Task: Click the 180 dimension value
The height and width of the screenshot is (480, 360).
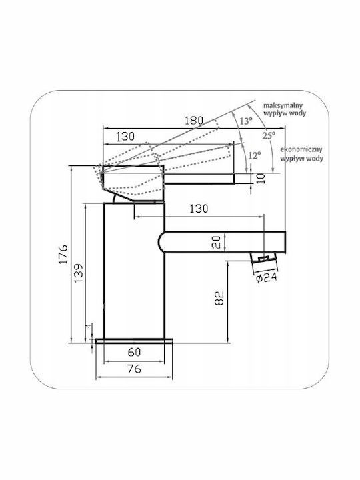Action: click(194, 120)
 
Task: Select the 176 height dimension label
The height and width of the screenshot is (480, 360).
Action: click(63, 254)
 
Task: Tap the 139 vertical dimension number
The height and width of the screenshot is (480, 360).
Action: click(79, 273)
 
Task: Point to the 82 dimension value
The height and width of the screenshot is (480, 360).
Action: click(219, 298)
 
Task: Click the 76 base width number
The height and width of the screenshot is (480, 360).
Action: click(134, 369)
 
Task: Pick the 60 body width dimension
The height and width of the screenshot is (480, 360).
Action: click(134, 352)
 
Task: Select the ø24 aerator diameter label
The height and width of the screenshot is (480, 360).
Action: click(267, 277)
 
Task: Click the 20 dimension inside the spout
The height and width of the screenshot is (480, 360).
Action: click(216, 242)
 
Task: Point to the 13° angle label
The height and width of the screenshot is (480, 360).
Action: click(246, 121)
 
